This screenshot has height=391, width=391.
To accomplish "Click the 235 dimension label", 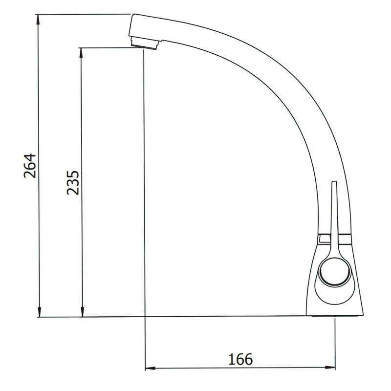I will click(72, 183).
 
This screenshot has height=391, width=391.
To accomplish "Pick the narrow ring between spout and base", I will click(334, 239).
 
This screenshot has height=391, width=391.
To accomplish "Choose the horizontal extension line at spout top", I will click(83, 15).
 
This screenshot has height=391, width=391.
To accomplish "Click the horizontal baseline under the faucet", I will click(195, 317).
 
